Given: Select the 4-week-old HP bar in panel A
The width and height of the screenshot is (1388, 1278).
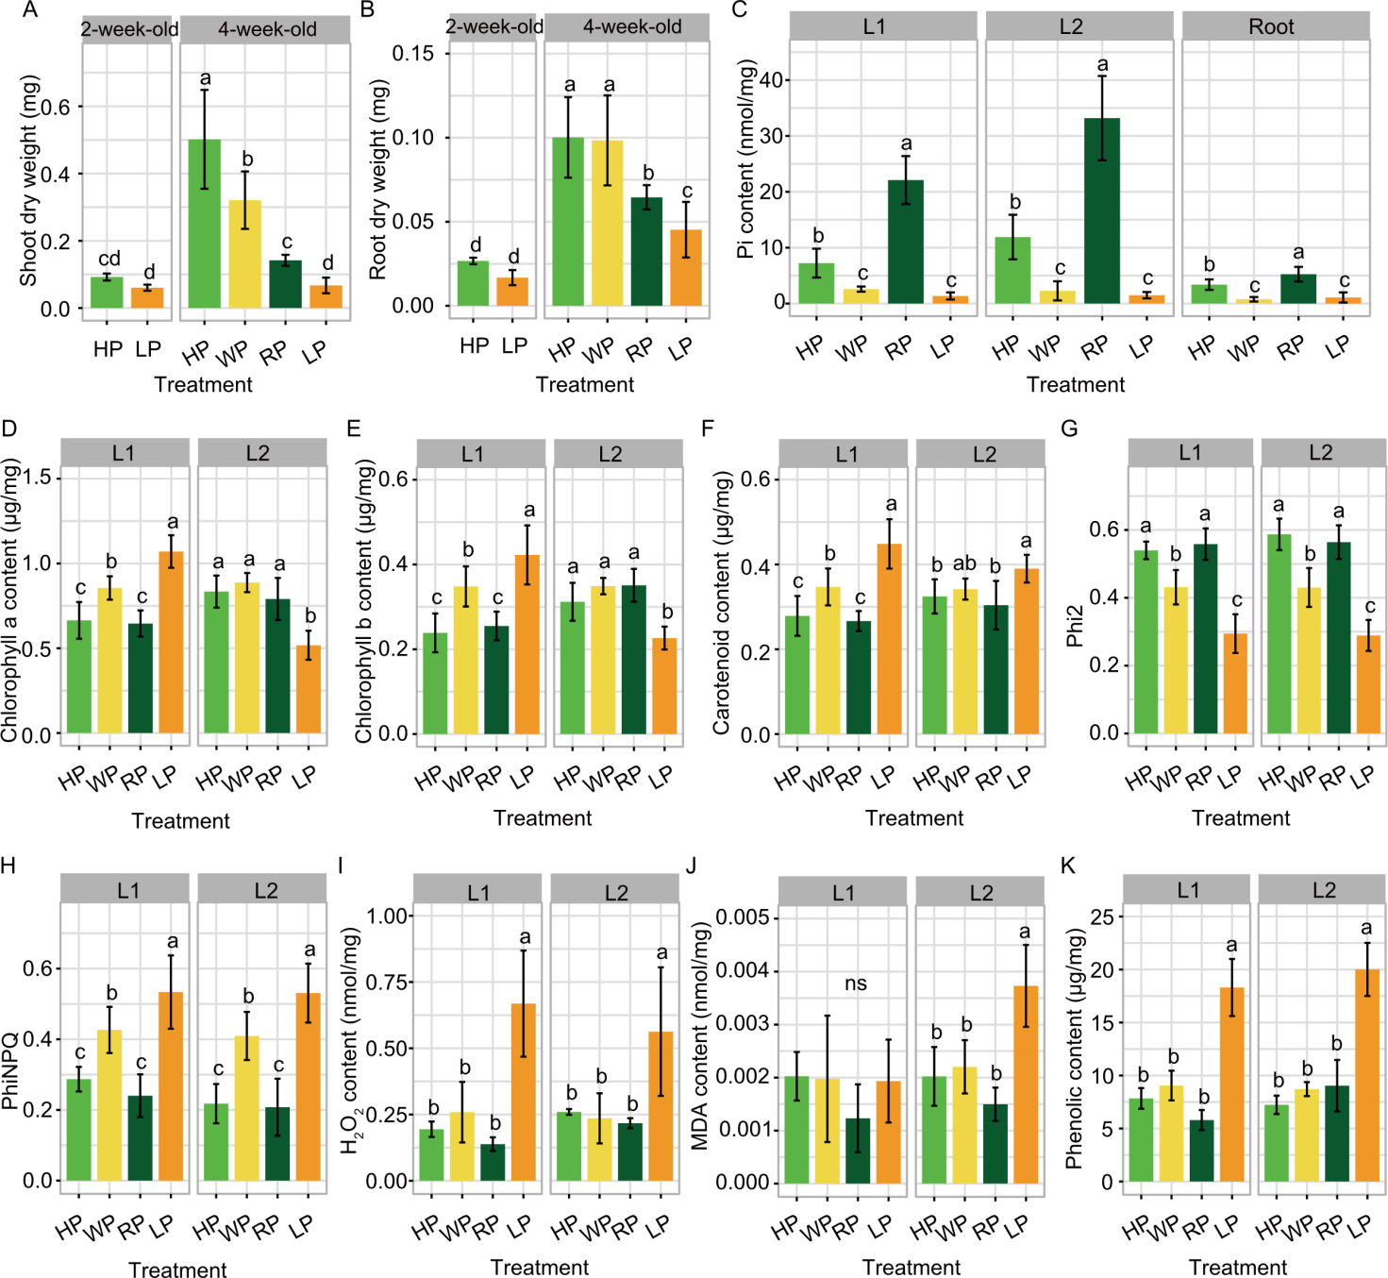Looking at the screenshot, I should (205, 224).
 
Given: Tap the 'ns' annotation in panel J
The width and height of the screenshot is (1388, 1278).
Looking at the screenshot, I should (856, 984).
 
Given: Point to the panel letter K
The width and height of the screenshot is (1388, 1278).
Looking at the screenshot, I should (1068, 866).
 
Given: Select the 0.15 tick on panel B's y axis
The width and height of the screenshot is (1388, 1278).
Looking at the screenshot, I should (413, 53).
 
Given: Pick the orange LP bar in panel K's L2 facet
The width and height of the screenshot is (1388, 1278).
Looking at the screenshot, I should (1367, 1075).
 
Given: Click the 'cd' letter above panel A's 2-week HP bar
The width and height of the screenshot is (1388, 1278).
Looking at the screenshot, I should (109, 259).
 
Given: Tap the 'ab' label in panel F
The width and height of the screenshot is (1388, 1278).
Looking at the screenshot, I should (964, 563).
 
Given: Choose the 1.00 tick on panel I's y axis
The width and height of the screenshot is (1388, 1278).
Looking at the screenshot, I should (386, 916).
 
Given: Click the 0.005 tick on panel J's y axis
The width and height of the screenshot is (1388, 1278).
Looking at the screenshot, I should (743, 917).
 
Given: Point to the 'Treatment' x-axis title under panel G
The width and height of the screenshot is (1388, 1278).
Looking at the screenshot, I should (1240, 818).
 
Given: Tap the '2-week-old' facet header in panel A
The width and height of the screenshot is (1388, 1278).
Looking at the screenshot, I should (128, 29).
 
